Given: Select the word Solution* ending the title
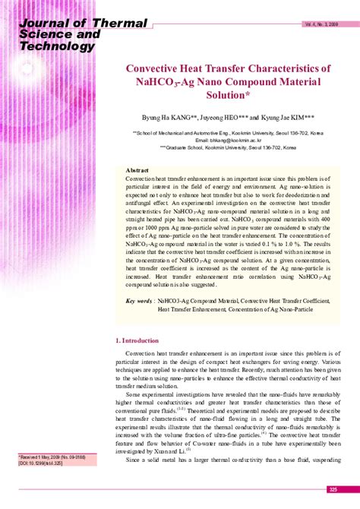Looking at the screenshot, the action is point(229,96).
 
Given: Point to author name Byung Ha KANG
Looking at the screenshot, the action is point(169,119).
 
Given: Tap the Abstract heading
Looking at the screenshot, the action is point(137,170).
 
